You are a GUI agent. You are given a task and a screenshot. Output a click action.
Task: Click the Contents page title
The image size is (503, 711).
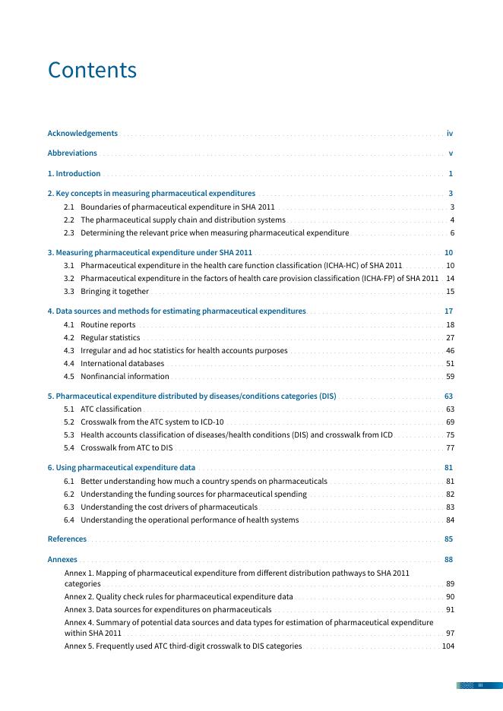click(92, 70)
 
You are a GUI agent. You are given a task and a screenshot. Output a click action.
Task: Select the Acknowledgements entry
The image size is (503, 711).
click(83, 133)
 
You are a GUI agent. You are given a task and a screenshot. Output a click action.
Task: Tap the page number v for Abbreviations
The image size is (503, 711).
click(451, 153)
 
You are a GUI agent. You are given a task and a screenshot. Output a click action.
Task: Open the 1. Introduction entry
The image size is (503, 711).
click(74, 173)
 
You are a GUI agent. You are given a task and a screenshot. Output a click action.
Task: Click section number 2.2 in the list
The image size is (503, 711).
click(69, 220)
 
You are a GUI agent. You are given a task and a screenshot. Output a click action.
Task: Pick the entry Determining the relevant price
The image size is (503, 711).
click(214, 232)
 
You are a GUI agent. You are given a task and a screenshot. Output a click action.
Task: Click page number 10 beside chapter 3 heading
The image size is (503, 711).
click(448, 252)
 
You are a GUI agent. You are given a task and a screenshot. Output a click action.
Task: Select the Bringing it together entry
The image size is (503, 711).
click(114, 291)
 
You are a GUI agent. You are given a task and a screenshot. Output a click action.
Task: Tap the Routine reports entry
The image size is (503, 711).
click(108, 324)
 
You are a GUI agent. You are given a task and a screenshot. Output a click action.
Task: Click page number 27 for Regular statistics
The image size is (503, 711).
click(450, 337)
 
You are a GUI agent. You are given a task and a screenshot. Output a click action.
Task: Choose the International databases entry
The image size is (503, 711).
click(122, 363)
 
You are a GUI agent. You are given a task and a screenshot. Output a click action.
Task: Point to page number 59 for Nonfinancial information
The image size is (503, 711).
click(450, 376)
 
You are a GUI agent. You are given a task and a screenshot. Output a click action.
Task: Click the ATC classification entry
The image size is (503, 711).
click(110, 409)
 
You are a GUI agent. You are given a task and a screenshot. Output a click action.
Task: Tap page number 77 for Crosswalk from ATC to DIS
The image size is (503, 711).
click(450, 447)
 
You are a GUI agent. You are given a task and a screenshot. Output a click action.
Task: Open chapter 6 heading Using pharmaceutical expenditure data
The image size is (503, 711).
click(122, 467)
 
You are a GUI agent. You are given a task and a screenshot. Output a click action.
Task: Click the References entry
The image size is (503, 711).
click(67, 539)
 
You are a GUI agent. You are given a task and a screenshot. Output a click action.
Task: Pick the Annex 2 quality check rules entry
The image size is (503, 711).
click(179, 597)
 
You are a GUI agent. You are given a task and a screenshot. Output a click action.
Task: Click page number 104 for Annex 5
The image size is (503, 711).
click(448, 646)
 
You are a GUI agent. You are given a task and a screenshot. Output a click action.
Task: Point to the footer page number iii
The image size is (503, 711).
click(480, 685)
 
